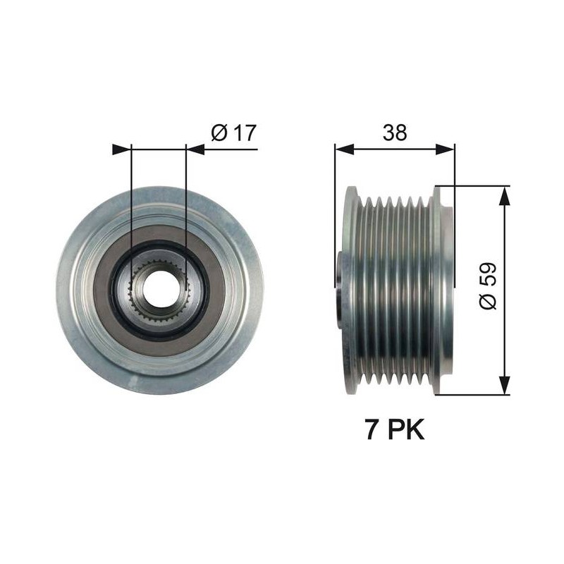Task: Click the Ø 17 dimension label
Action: pos(234,133)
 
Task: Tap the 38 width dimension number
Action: pos(395,133)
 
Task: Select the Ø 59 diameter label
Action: pos(488,286)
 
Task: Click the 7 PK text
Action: pos(395,429)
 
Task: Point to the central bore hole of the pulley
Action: pos(160,289)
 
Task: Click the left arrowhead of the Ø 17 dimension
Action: pos(121,149)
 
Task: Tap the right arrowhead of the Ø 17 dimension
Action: pos(196,149)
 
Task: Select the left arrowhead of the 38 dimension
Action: pos(344,149)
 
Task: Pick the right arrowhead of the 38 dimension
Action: pos(446,149)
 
